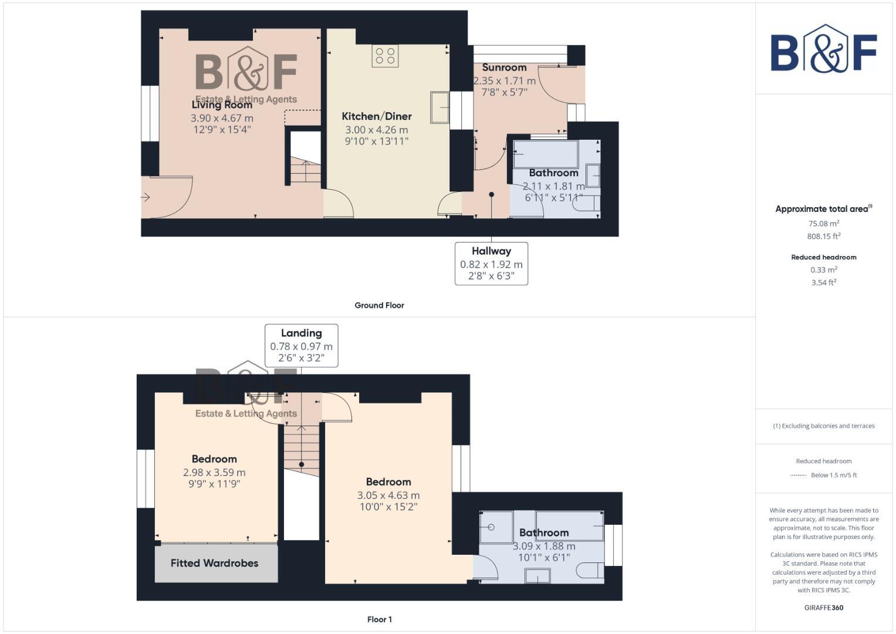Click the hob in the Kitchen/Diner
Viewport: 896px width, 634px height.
point(385,56)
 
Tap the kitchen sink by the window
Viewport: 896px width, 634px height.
point(439,107)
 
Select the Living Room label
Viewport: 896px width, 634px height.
point(222,104)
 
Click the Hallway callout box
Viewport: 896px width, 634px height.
point(491,264)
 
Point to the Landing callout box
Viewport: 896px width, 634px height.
point(301,345)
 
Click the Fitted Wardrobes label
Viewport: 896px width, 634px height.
point(215,563)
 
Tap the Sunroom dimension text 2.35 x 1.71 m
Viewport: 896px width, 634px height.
point(505,81)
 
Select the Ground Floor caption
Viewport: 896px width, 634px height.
point(379,305)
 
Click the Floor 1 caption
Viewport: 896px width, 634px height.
point(379,619)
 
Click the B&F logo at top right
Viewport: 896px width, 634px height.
point(823,49)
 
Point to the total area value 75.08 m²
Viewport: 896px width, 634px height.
point(823,224)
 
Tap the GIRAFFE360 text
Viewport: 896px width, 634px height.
point(823,608)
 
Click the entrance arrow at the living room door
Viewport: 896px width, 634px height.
point(146,197)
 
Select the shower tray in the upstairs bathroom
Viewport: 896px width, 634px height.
point(496,527)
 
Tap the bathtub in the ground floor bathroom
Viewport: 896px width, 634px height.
point(545,154)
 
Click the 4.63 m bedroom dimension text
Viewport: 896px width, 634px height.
point(388,495)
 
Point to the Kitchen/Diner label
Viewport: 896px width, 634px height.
point(377,116)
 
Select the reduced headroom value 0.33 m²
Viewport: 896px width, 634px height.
point(823,270)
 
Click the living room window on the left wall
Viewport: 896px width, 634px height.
point(150,113)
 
